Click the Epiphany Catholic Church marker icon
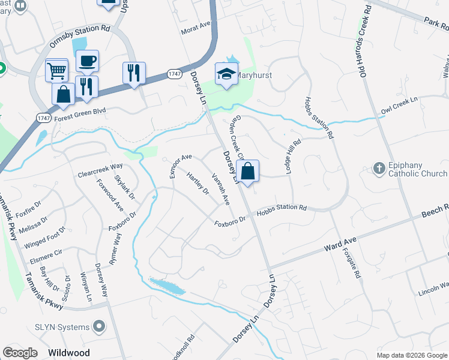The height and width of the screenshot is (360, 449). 379,169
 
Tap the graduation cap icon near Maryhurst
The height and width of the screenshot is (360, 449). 226,74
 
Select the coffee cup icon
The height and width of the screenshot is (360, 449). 88,61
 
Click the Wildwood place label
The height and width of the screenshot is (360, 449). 70,353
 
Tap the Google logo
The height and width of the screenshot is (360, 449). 20,352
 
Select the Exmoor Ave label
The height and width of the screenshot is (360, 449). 180,165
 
